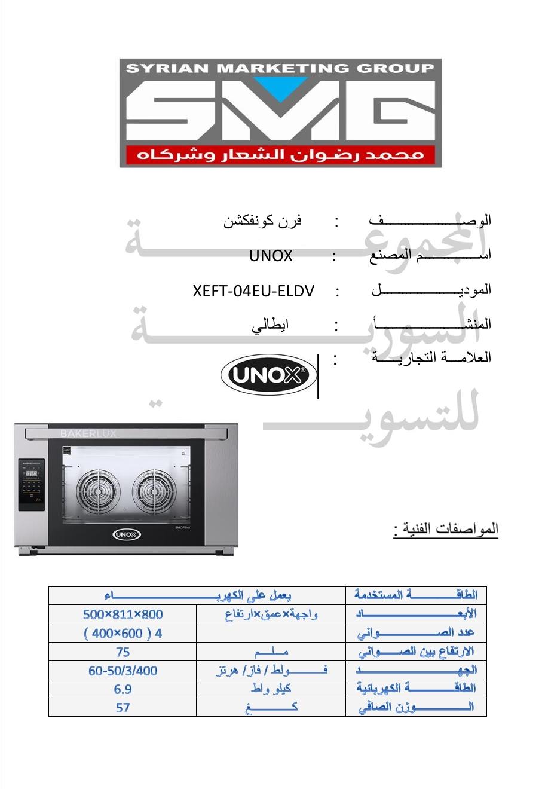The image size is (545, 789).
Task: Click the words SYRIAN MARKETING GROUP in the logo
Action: pos(280,68)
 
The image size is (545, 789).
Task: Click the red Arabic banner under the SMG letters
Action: pos(280,155)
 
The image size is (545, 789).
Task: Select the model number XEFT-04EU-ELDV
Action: pos(253,290)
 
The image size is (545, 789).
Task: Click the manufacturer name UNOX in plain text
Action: pos(271,256)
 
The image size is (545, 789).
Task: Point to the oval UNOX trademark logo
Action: pos(268,375)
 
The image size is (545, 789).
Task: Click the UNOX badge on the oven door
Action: pos(127,534)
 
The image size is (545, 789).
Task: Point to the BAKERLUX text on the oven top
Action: pos(88,433)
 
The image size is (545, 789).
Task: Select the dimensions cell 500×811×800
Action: pos(123,614)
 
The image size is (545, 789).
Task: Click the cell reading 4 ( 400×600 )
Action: pos(123,633)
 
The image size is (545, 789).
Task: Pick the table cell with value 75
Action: pos(123,652)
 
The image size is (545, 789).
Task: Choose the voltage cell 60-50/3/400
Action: pos(123,671)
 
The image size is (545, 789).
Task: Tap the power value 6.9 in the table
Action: pos(123,689)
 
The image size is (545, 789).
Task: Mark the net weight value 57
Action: pos(123,708)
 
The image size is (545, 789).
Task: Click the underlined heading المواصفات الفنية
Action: pos(445,530)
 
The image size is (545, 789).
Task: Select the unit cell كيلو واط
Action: pos(271,689)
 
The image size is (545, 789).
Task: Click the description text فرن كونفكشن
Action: pos(263,221)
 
